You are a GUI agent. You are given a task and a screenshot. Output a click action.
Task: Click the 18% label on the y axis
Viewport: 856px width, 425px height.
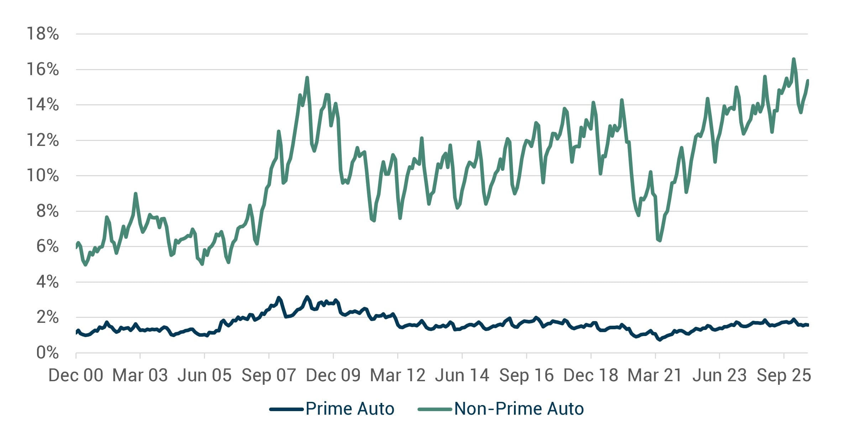(x=43, y=34)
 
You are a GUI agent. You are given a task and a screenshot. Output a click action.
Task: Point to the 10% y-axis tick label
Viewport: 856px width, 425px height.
(x=43, y=175)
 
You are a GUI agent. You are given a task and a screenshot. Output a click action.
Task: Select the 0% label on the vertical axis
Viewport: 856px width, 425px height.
(x=48, y=352)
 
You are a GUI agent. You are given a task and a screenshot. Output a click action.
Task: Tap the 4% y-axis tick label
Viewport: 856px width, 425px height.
(x=48, y=282)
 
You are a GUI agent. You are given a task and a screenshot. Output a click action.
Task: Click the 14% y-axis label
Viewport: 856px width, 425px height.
(x=43, y=105)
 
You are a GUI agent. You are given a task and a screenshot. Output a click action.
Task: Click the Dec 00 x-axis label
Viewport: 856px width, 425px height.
(x=76, y=376)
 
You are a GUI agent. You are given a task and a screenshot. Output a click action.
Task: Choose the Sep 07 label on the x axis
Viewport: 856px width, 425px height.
(x=269, y=376)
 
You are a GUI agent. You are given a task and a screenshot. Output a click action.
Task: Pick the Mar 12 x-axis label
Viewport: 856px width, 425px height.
(x=398, y=376)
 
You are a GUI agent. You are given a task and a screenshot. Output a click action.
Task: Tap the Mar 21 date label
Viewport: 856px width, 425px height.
(x=655, y=376)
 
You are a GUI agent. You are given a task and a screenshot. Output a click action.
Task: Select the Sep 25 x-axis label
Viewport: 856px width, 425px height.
(x=784, y=376)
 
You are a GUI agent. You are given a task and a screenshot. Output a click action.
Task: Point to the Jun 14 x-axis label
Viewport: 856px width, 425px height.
(x=462, y=376)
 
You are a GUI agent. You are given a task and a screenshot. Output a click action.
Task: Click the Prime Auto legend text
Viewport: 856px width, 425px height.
(x=350, y=409)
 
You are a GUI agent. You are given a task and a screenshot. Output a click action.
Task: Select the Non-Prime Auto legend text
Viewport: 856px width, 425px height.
(x=519, y=409)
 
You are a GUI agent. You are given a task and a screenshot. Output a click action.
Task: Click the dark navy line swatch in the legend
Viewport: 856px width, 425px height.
(x=286, y=409)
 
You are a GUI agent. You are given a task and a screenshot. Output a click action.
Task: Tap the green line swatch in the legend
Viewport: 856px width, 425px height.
(x=435, y=409)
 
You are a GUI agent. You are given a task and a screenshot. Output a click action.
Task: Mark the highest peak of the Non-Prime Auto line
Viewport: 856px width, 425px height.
(x=794, y=59)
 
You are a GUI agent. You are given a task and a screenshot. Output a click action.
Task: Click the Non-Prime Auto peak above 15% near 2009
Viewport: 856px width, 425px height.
(x=307, y=78)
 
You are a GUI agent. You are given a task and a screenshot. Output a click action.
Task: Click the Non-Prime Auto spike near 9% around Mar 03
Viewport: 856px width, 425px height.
(x=135, y=194)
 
